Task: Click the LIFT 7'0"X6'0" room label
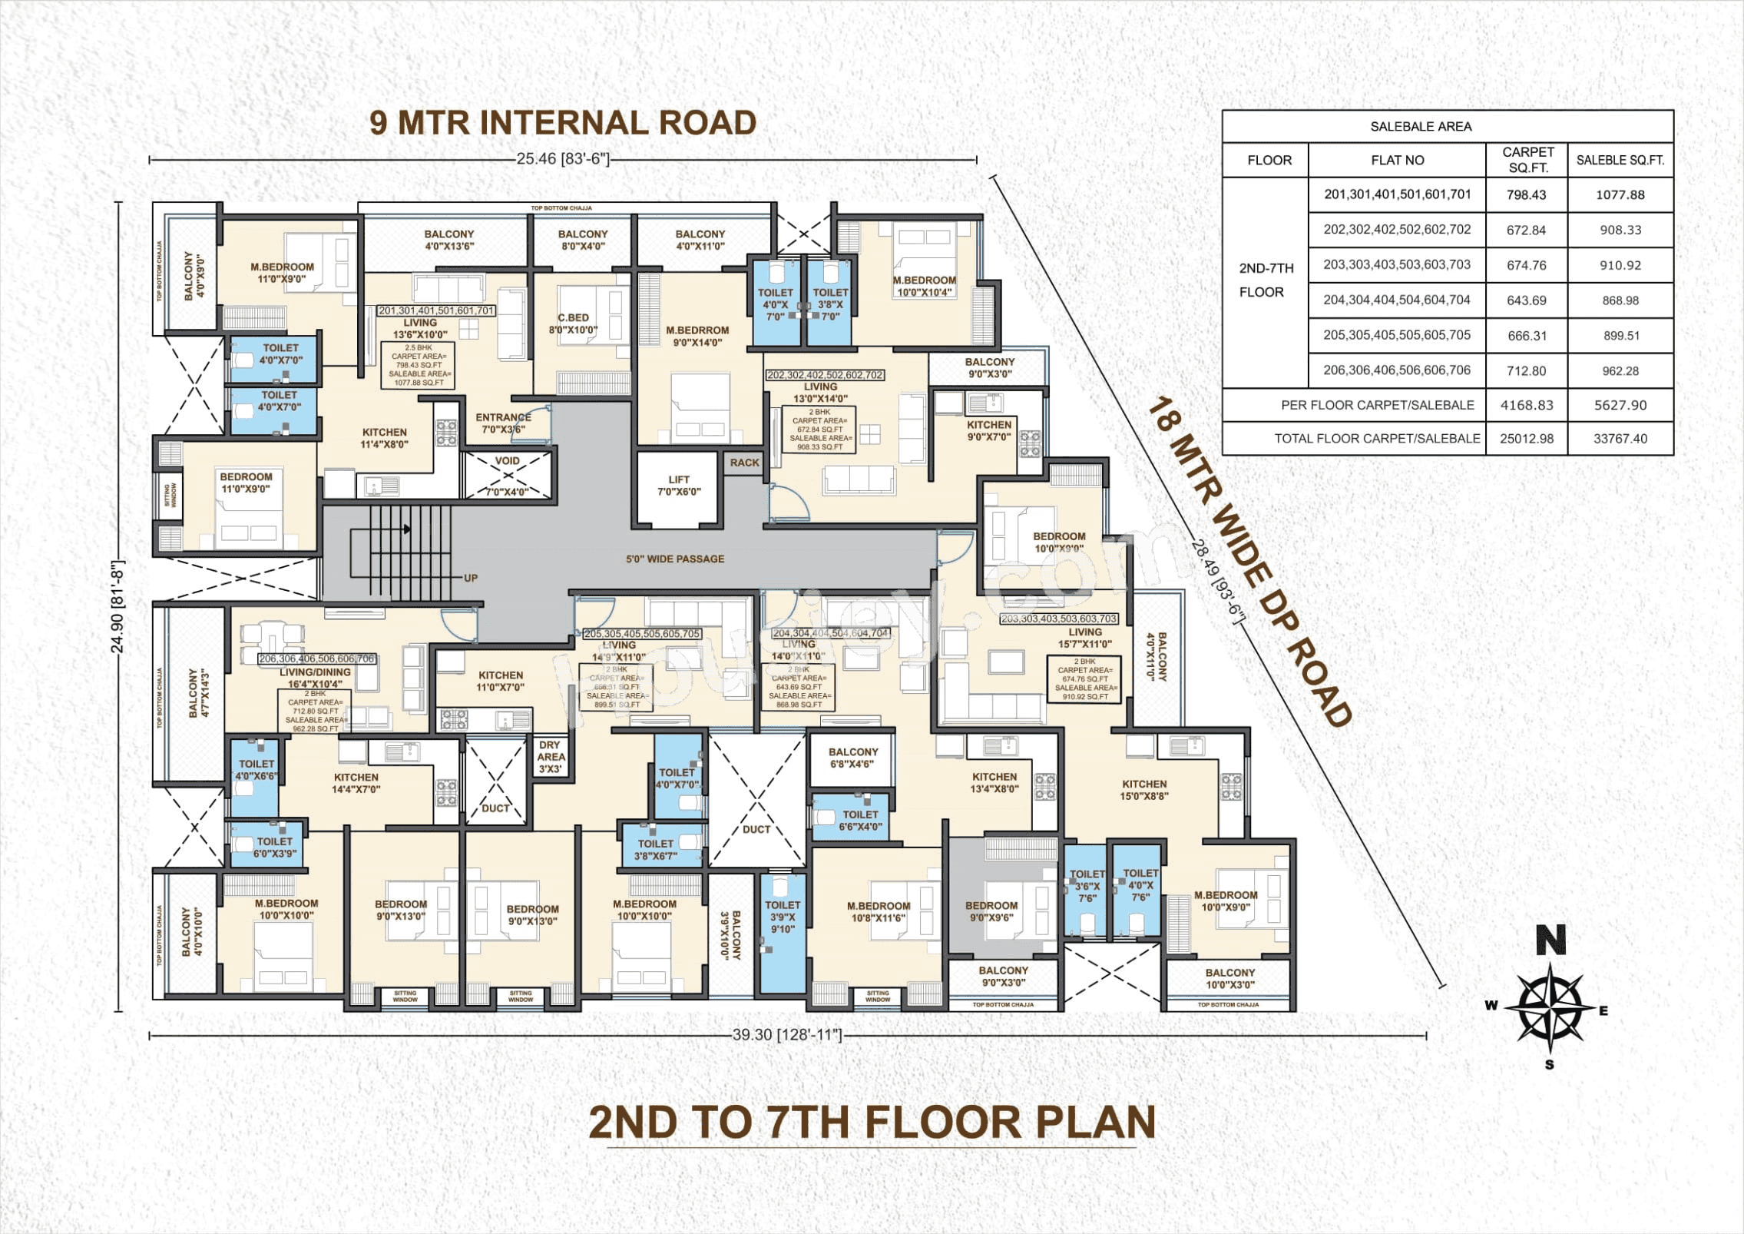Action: click(x=679, y=486)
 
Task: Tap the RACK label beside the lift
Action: click(x=744, y=463)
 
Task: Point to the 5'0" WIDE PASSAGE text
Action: click(x=675, y=559)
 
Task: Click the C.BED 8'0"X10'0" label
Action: click(x=573, y=323)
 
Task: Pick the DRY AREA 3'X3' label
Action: click(x=551, y=757)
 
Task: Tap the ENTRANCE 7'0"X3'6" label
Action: click(x=503, y=423)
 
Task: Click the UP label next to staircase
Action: click(x=471, y=578)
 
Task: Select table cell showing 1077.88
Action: click(x=1620, y=195)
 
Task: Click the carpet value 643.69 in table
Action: click(x=1526, y=300)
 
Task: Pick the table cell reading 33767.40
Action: click(x=1620, y=439)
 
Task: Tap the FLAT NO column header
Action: click(x=1397, y=161)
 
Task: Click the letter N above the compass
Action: click(x=1550, y=941)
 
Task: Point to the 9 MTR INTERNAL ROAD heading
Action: click(x=563, y=123)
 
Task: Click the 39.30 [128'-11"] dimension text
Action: click(x=786, y=1035)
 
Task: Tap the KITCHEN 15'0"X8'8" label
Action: click(x=1144, y=790)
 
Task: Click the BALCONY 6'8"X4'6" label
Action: click(x=853, y=758)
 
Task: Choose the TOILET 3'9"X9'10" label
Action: click(x=783, y=917)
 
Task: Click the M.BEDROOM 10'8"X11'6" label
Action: click(x=879, y=912)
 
